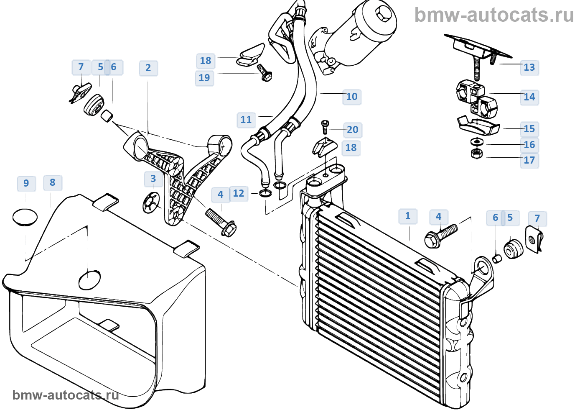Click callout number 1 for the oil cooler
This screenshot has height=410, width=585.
click(x=407, y=216)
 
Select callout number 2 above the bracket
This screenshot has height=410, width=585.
click(x=148, y=68)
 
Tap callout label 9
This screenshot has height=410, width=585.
click(x=26, y=183)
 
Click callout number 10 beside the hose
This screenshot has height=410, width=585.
click(x=351, y=97)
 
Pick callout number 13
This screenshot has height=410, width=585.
click(x=529, y=67)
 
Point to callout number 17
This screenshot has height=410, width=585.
click(x=529, y=160)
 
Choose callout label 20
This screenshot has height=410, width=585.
click(x=352, y=130)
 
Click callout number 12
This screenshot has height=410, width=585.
click(x=238, y=193)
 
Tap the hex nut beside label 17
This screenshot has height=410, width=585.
click(x=476, y=154)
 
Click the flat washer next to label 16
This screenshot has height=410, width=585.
click(x=476, y=141)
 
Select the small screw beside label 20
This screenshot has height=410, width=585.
click(x=325, y=126)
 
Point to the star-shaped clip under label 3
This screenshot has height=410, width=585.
click(x=151, y=203)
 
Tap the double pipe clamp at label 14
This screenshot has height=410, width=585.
click(x=476, y=100)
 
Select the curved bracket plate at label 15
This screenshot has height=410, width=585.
click(x=478, y=125)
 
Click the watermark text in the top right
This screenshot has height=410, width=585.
click(x=494, y=15)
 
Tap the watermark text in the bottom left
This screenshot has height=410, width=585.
click(x=66, y=395)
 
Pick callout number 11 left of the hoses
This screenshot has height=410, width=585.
click(x=246, y=120)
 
